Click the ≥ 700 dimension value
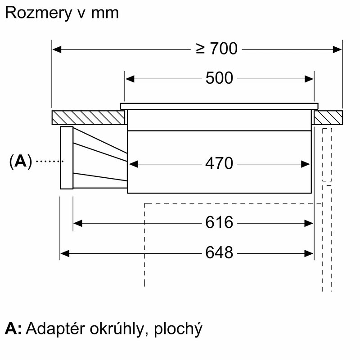point(216,48)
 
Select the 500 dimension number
point(219,79)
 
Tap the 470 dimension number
point(219,163)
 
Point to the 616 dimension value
point(219,222)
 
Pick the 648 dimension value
point(219,253)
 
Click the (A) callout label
point(21,161)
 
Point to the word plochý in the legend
point(178,329)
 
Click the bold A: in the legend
point(13,328)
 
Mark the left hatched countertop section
point(88,117)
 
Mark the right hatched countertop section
point(328,117)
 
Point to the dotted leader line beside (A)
point(48,161)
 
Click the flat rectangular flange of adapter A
point(66,157)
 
